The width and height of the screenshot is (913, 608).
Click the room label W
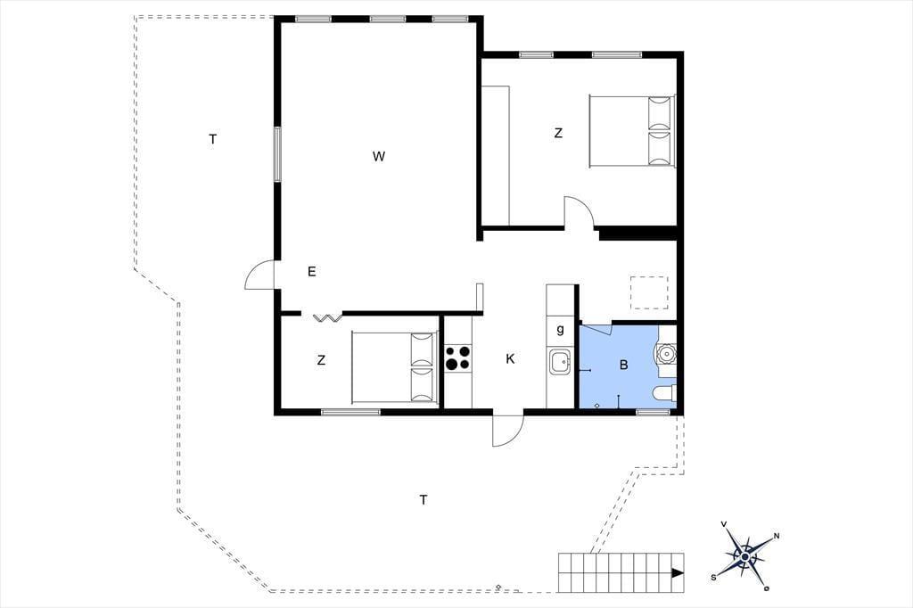tap(379, 156)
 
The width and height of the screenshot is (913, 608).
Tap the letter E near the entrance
tap(311, 271)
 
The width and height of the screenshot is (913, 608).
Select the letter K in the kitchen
tap(510, 358)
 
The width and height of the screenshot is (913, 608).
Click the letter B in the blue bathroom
tap(623, 366)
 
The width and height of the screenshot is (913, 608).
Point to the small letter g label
tap(560, 330)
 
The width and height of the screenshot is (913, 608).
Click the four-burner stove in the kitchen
tap(457, 358)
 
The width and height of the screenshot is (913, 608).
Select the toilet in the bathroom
tap(665, 394)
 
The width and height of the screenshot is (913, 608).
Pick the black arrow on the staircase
tap(678, 573)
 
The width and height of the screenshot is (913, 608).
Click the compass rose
tap(744, 557)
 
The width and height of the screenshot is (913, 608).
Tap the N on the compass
tap(777, 537)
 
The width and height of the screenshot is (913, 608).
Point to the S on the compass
tap(713, 577)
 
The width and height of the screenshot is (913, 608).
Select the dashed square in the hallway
tap(649, 292)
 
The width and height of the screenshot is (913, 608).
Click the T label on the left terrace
tap(212, 139)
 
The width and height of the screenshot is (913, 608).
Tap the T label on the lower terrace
tap(424, 499)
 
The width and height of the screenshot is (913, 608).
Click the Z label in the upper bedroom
tap(558, 134)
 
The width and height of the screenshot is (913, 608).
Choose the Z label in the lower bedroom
tap(321, 360)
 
